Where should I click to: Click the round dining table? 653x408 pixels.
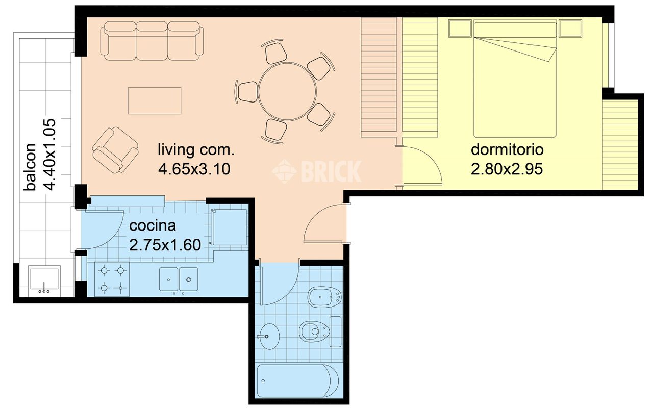[x=287, y=91]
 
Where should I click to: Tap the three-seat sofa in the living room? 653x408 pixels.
[x=152, y=41]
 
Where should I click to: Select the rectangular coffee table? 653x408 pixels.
[x=154, y=100]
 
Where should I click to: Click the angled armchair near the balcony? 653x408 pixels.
[x=115, y=149]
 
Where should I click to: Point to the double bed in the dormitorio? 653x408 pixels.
[x=515, y=79]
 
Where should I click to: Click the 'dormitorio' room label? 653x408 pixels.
[x=507, y=150]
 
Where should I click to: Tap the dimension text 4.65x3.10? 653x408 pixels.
[x=194, y=169]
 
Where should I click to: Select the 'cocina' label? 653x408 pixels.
[x=153, y=226]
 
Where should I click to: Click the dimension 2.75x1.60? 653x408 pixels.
[x=165, y=245]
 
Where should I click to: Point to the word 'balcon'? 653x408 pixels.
[x=30, y=167]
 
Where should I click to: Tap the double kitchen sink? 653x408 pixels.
[x=179, y=279]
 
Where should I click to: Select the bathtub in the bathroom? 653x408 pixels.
[x=298, y=380]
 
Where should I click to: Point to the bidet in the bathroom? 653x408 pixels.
[x=325, y=297]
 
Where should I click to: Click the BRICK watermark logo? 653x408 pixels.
[x=317, y=171]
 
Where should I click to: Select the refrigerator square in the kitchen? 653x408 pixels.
[x=230, y=227]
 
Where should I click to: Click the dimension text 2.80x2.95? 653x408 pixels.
[x=507, y=169]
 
